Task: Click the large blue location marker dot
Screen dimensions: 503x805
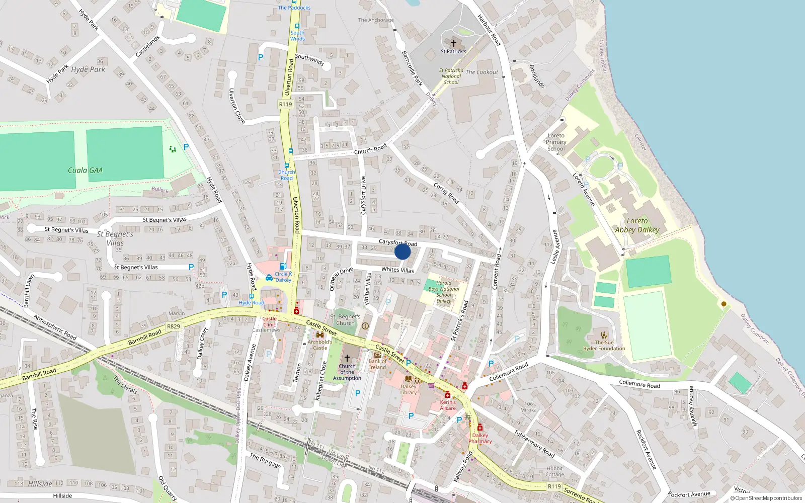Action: pos(403,251)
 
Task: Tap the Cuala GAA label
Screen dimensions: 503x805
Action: pos(85,171)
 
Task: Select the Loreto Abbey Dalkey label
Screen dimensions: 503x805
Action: pos(637,225)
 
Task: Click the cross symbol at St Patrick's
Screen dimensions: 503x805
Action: pos(454,43)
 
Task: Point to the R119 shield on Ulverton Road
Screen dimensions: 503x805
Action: pos(285,104)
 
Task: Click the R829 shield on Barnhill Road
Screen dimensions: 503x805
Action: pos(174,326)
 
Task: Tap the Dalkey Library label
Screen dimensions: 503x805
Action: pos(409,389)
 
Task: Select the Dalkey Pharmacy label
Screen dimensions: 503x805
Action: pos(480,438)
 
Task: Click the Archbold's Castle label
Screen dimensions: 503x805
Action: pos(320,345)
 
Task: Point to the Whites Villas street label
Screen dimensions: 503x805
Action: pos(397,270)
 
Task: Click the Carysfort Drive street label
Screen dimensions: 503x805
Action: pos(363,195)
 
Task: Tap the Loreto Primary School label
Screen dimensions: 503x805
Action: pos(556,142)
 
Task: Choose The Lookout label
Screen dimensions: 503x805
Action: pos(481,72)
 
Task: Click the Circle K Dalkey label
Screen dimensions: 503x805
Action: pos(283,277)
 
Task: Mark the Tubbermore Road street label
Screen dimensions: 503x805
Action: pos(534,444)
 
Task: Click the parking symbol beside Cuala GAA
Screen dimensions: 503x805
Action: pos(186,147)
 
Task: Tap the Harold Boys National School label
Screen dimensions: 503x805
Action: pos(444,292)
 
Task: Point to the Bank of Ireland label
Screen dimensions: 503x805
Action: pos(378,364)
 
